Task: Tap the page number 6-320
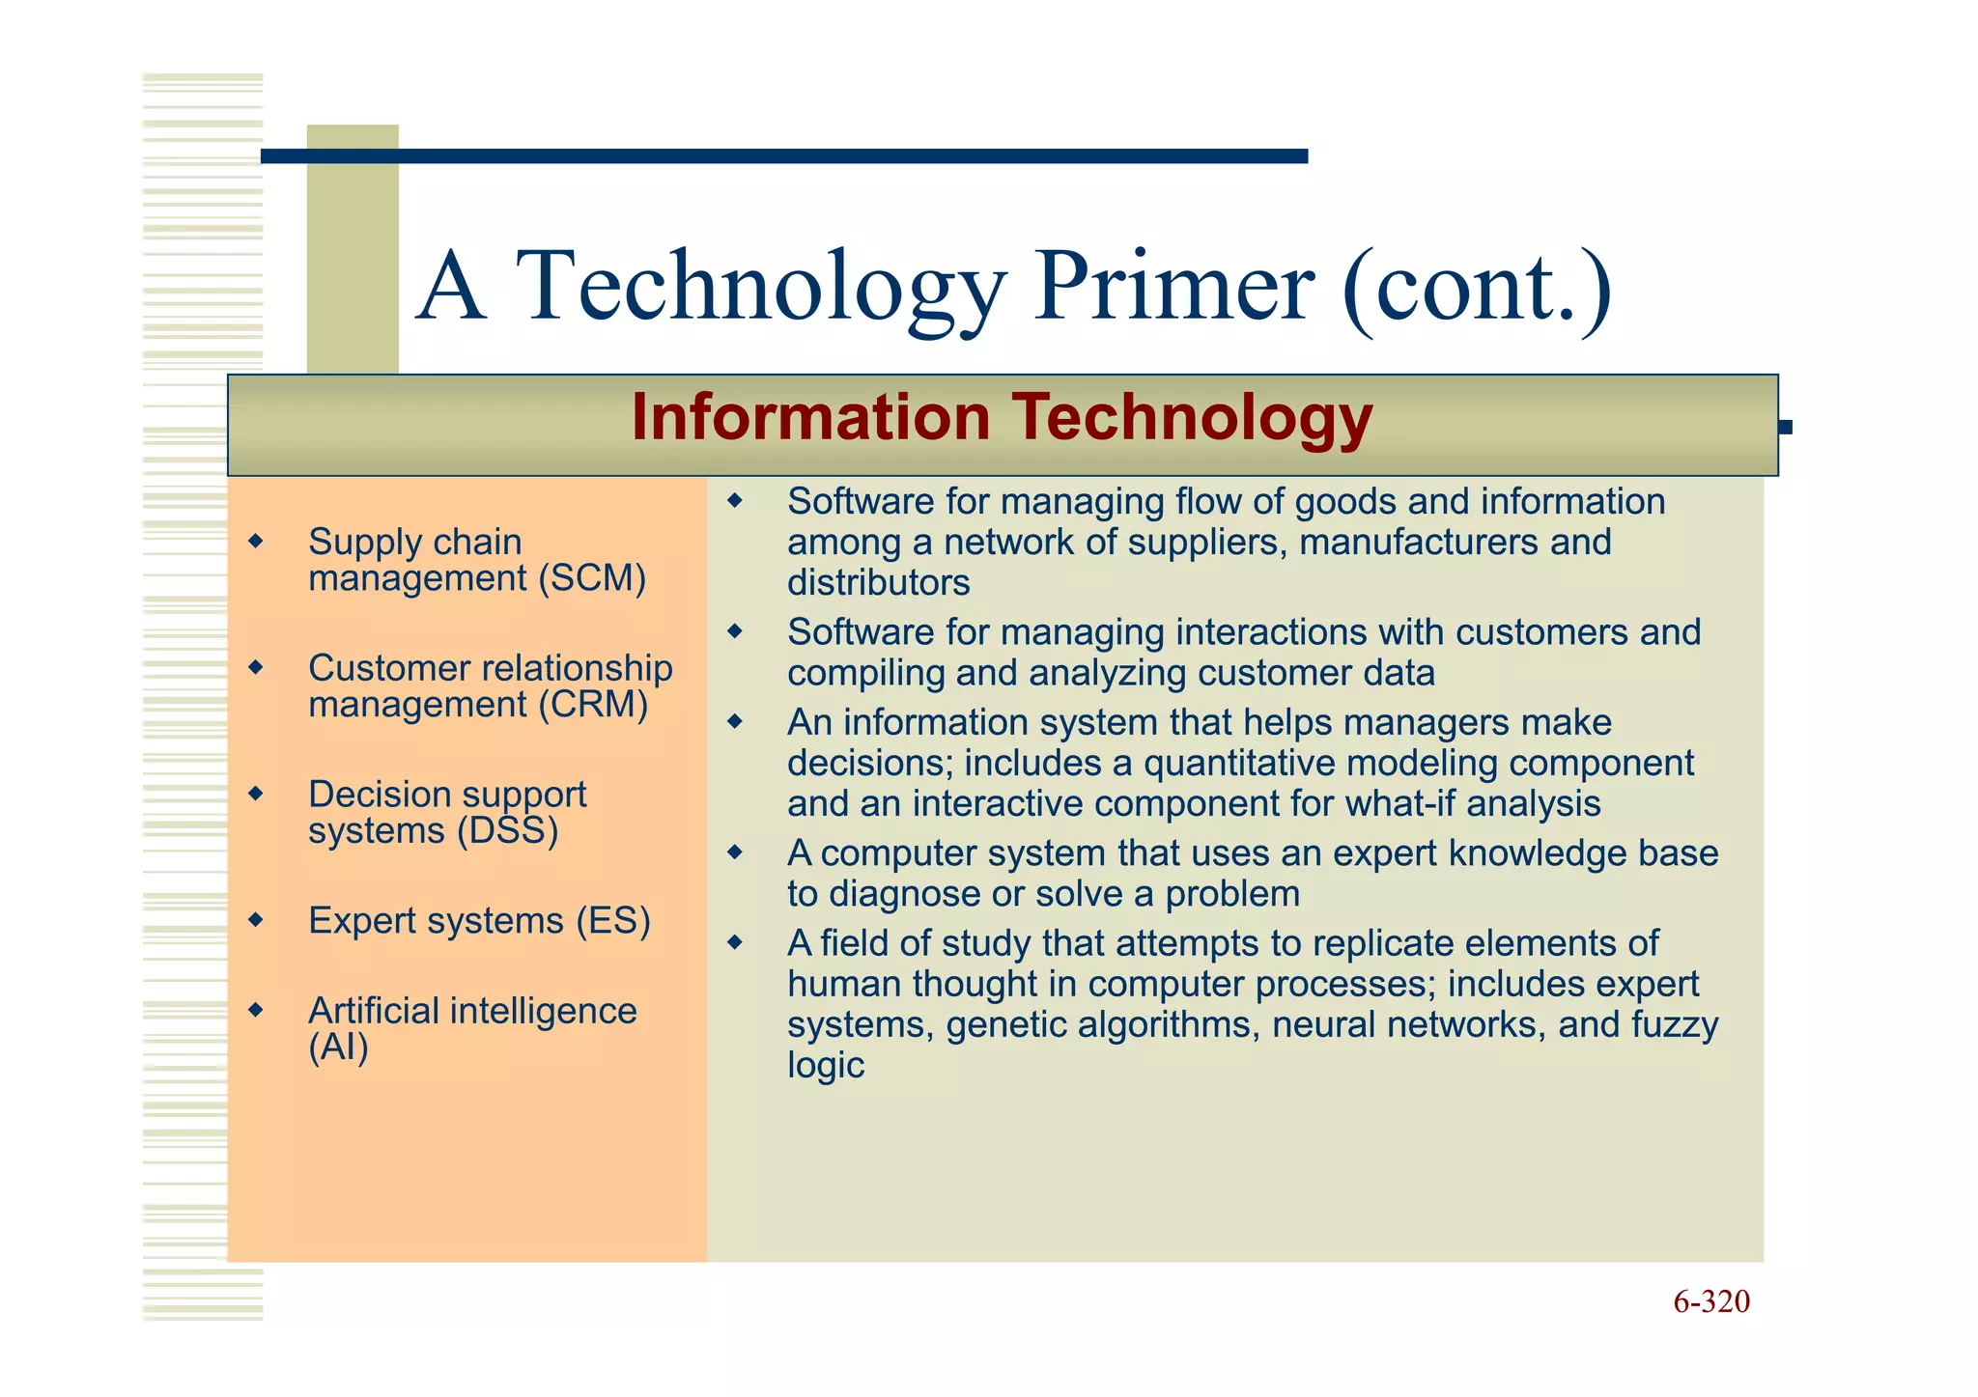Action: tap(1710, 1301)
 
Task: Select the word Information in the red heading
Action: tap(810, 418)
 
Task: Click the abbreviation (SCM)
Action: tap(592, 578)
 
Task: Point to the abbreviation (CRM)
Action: tap(593, 705)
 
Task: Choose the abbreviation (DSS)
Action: tap(507, 831)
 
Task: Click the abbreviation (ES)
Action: tap(613, 921)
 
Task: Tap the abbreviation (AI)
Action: tap(338, 1048)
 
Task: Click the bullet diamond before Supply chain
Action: tap(255, 541)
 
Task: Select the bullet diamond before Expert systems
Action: tap(255, 920)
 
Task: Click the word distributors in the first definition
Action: tap(878, 583)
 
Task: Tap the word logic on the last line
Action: tap(825, 1065)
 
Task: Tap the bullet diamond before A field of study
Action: tap(735, 942)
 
